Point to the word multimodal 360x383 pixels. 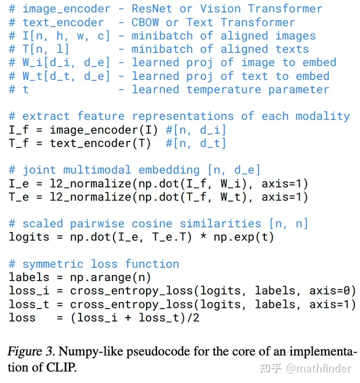coord(97,170)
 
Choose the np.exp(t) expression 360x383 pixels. coord(243,237)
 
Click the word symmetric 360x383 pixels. coord(52,264)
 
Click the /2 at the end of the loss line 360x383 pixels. coord(192,317)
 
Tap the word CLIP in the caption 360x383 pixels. coord(62,368)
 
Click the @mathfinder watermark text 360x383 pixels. coord(319,368)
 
